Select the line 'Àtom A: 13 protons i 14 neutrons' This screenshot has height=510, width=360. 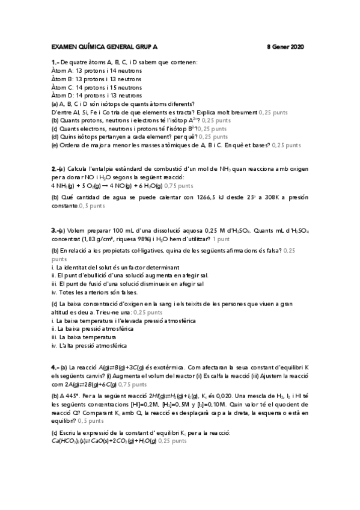[x=96, y=70]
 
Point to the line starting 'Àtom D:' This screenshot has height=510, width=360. [x=96, y=95]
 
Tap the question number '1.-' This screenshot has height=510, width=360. [x=55, y=63]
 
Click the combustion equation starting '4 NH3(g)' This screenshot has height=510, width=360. [x=106, y=186]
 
